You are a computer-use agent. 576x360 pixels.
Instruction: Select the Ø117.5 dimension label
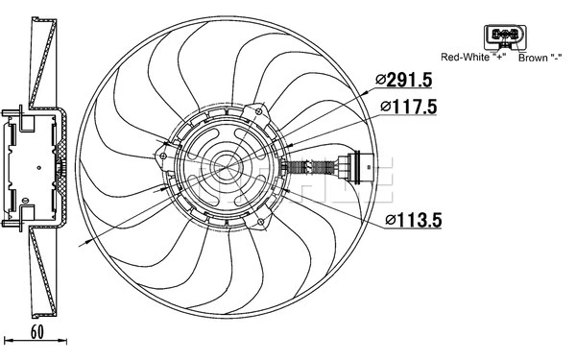[410, 107]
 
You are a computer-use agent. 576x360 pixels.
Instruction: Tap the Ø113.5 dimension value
[414, 220]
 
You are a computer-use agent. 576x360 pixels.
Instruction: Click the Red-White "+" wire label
[470, 58]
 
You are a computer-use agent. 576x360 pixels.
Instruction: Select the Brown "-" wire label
[540, 58]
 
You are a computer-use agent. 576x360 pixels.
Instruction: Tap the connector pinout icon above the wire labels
[505, 36]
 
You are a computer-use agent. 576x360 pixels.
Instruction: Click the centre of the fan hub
[231, 169]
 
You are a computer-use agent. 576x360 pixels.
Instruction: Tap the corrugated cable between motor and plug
[312, 167]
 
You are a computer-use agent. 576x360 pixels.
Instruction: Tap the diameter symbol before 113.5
[392, 220]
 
